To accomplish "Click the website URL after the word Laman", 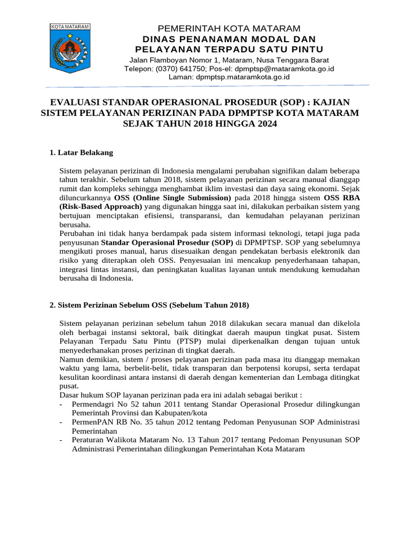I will click(243, 76).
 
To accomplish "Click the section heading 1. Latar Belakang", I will click(81, 153).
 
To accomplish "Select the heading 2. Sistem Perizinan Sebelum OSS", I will click(149, 305).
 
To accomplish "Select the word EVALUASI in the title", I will click(76, 101).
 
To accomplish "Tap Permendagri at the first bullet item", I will click(94, 404).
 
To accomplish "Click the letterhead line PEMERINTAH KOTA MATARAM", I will click(229, 28).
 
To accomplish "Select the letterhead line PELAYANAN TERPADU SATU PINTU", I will click(229, 50).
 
